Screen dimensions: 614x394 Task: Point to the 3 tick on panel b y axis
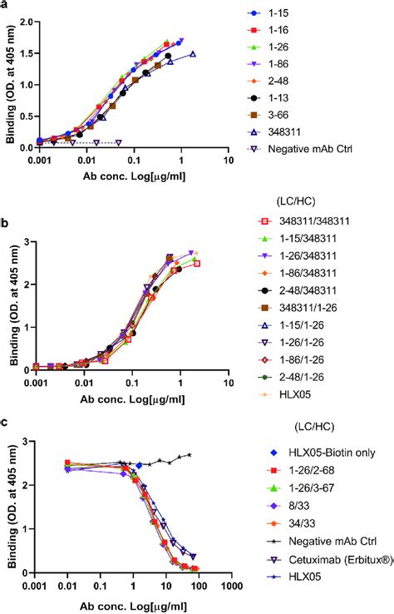tap(34, 241)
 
